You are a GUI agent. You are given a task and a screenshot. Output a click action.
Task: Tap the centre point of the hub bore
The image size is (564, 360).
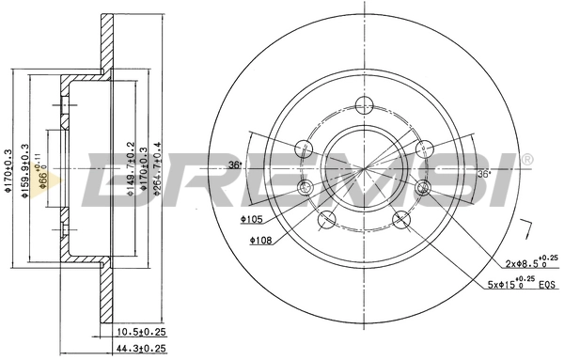point(363,167)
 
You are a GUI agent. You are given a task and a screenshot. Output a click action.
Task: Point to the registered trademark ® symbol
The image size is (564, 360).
point(526,159)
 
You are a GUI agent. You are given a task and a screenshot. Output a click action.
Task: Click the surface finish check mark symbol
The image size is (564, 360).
point(528,228)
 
